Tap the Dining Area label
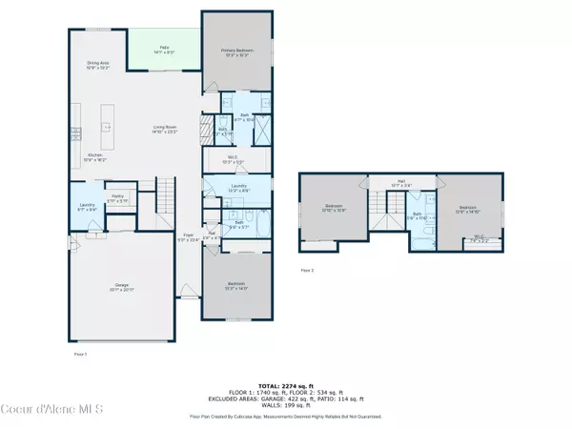click(98, 66)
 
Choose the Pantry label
click(117, 200)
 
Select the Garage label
click(122, 287)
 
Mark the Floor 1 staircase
click(168, 195)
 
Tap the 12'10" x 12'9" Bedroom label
click(334, 207)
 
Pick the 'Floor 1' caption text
click(80, 354)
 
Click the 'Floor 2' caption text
click(307, 271)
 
